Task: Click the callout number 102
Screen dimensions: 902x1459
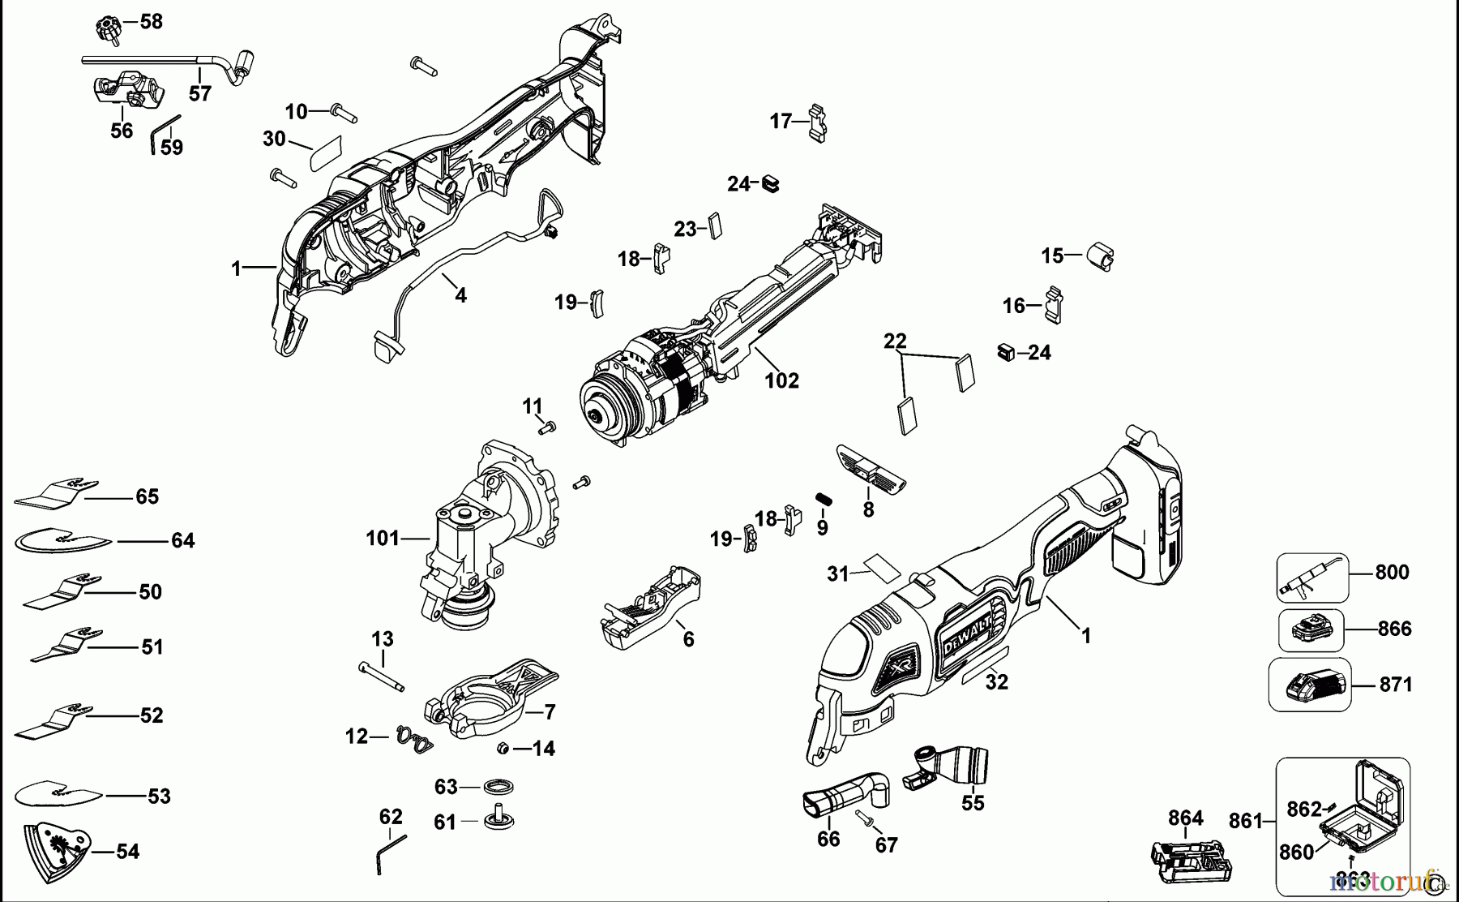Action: click(781, 380)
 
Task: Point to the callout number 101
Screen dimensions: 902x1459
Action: click(383, 538)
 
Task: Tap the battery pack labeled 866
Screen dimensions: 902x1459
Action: click(1311, 629)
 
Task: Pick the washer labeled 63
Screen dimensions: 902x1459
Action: click(497, 787)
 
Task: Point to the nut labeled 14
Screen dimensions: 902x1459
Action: click(503, 748)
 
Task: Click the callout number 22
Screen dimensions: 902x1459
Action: click(895, 341)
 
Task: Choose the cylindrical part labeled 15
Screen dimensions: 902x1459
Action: click(1100, 256)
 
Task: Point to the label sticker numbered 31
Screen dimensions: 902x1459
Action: click(881, 565)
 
